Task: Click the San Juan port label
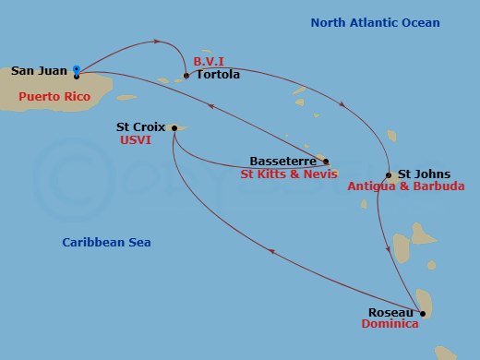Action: [39, 70]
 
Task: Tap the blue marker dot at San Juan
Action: [76, 68]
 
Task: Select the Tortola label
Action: [218, 75]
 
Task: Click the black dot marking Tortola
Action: [186, 76]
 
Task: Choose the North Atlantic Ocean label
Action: [374, 23]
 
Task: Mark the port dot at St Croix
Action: [174, 128]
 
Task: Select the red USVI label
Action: [135, 141]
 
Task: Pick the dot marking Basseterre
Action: [325, 161]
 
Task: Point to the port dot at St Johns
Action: [390, 174]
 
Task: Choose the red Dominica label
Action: [390, 325]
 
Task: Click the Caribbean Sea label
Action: [107, 242]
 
